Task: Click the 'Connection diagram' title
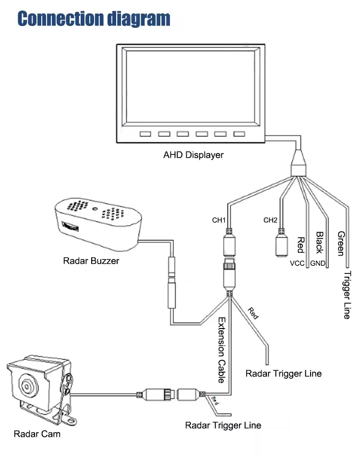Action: pos(94,18)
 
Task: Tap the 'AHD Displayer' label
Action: pos(193,155)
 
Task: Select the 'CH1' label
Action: pos(219,221)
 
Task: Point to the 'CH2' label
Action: pos(271,221)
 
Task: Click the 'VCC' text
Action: pos(297,263)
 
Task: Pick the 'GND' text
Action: pos(318,263)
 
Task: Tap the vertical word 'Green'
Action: pos(341,244)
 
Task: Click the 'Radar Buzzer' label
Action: pos(91,261)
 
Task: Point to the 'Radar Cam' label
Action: pos(37,434)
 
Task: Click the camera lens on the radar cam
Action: pos(27,385)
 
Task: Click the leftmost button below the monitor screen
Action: pos(146,134)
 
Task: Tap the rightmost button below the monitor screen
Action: pos(239,134)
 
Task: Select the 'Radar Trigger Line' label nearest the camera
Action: pos(223,425)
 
